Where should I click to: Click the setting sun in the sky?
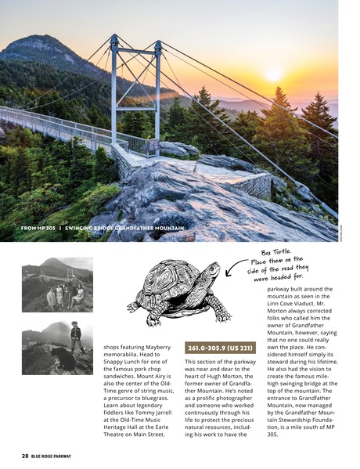tap(274, 74)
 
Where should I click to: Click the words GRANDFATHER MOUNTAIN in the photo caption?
tap(153, 228)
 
